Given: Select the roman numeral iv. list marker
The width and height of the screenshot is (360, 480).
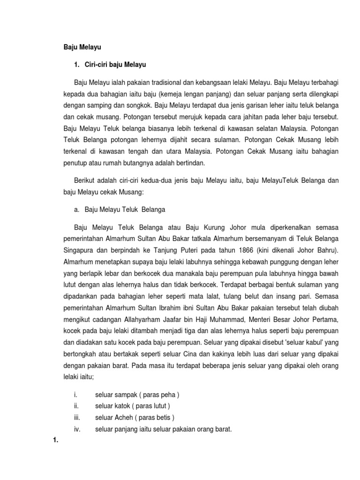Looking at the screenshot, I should pyautogui.click(x=77, y=429).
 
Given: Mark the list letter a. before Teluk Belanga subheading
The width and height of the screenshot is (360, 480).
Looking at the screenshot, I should pyautogui.click(x=78, y=210).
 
